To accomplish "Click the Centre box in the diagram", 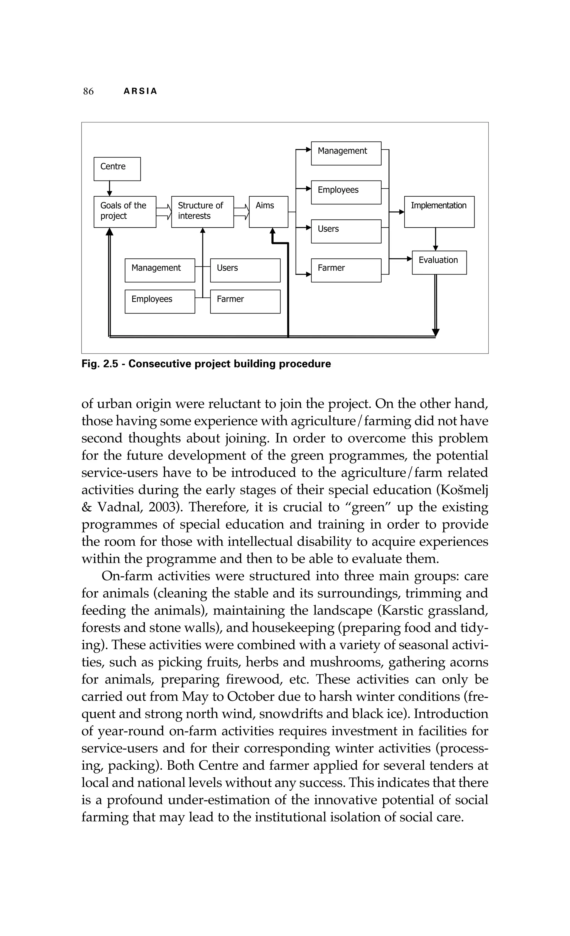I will click(x=117, y=169).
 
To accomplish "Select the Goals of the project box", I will click(x=125, y=212).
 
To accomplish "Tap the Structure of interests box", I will click(x=202, y=212).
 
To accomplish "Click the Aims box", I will click(x=268, y=212).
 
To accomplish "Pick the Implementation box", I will click(x=439, y=212).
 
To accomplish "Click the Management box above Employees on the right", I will click(x=346, y=153).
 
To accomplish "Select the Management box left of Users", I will click(x=159, y=270).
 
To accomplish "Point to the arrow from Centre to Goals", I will click(x=109, y=188).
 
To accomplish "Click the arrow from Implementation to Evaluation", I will click(x=436, y=239).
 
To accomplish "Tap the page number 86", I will click(x=88, y=91).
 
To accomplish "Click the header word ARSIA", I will click(x=140, y=91).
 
